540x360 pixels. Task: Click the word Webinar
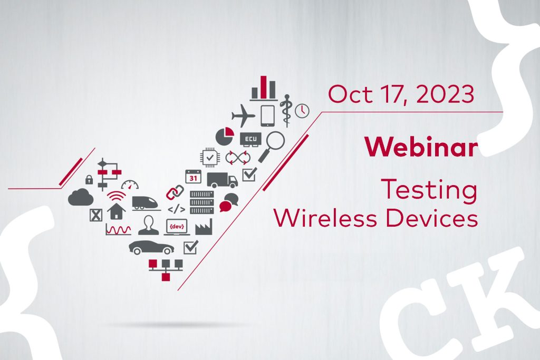[x=421, y=147]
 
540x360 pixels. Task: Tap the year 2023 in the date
[x=445, y=94]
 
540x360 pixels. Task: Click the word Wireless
[x=325, y=218]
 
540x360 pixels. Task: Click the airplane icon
[x=243, y=115]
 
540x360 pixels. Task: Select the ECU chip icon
[x=250, y=139]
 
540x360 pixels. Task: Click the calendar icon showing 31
[x=193, y=177]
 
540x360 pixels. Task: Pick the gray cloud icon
[x=81, y=198]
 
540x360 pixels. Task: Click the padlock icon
[x=89, y=179]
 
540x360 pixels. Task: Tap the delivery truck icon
[x=222, y=180]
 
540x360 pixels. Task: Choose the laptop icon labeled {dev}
[x=177, y=227]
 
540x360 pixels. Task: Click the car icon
[x=151, y=247]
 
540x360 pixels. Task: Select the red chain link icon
[x=175, y=193]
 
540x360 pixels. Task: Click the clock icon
[x=302, y=111]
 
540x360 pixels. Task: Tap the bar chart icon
[x=264, y=88]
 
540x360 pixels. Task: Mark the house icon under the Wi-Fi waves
[x=117, y=211]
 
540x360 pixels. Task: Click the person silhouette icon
[x=149, y=225]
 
